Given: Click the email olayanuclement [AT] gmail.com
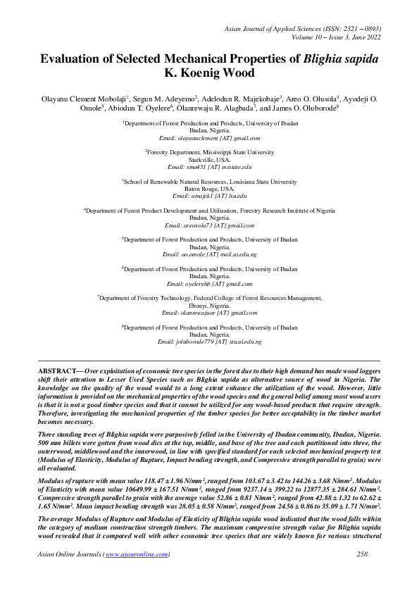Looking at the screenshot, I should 209,139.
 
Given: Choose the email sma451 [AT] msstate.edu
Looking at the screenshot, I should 209,168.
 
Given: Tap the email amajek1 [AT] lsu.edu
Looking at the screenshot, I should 209,196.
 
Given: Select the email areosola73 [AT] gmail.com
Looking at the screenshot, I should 209,225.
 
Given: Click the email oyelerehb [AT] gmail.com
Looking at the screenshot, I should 209,284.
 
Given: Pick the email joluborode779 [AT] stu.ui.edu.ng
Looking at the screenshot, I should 209,342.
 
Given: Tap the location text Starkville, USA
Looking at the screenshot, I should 209,160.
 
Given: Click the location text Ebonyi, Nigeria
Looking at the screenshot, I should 209,306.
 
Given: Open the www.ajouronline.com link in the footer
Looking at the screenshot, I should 137,554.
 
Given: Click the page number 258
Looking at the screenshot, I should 363,554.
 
